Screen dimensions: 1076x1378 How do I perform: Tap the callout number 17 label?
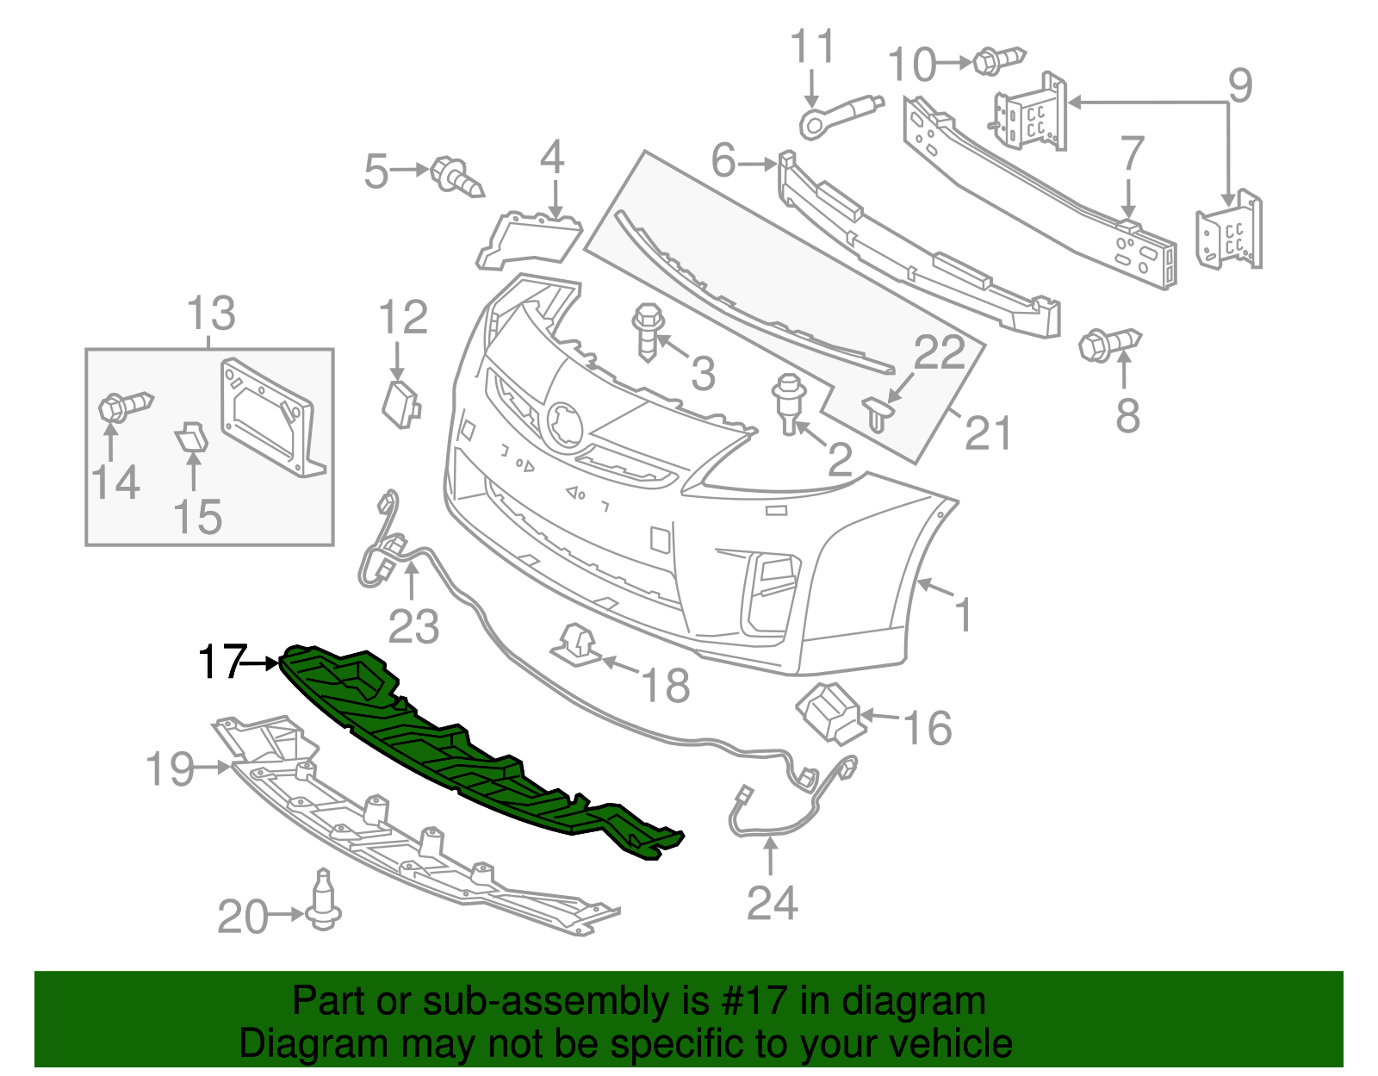click(x=221, y=662)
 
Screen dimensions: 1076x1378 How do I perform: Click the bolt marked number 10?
click(x=997, y=60)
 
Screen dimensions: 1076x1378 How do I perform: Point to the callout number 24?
click(x=772, y=902)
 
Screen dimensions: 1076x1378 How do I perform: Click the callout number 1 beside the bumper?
click(x=964, y=615)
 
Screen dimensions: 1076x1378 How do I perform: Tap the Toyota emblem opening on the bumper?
click(x=565, y=425)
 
